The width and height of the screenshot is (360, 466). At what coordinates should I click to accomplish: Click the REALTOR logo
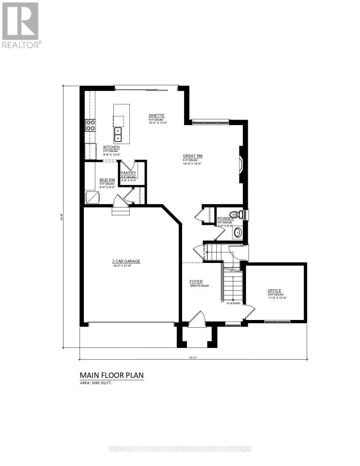20,25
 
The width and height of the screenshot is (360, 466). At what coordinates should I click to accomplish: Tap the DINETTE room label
157,116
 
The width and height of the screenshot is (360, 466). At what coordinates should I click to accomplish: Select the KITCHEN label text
111,148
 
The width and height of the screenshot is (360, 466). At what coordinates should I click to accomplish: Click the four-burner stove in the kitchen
90,125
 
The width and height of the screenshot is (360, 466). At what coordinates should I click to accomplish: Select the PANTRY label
128,173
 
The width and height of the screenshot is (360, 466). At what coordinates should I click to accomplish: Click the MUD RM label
107,180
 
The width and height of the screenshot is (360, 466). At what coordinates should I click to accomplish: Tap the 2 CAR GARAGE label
123,261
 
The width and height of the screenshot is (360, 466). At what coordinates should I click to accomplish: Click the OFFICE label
274,290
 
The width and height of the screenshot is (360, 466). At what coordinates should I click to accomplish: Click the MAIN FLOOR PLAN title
111,375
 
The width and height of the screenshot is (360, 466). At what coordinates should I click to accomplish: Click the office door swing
250,311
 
